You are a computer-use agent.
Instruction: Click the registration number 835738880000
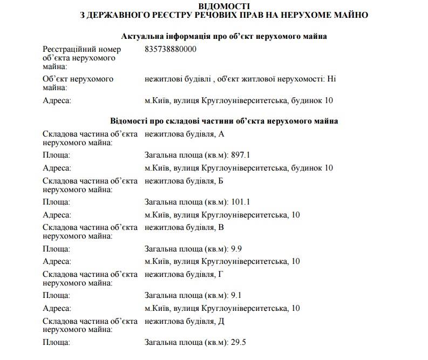tap(171, 49)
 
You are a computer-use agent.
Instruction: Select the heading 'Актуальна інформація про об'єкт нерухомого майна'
tap(224, 36)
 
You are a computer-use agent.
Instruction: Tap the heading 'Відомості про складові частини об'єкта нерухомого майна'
tap(224, 121)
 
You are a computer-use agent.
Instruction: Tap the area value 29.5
tap(239, 342)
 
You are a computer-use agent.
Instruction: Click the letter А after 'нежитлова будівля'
tap(221, 133)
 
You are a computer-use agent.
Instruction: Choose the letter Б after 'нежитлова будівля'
tap(221, 180)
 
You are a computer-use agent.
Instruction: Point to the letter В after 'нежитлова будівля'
tap(221, 227)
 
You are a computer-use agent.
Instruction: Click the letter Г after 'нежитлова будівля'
tap(220, 274)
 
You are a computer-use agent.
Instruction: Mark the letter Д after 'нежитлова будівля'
tap(221, 321)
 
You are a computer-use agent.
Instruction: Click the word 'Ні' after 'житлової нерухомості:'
tap(331, 79)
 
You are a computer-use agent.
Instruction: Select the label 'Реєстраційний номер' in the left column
tap(78, 49)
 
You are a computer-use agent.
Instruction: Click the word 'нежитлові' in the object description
tap(161, 79)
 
